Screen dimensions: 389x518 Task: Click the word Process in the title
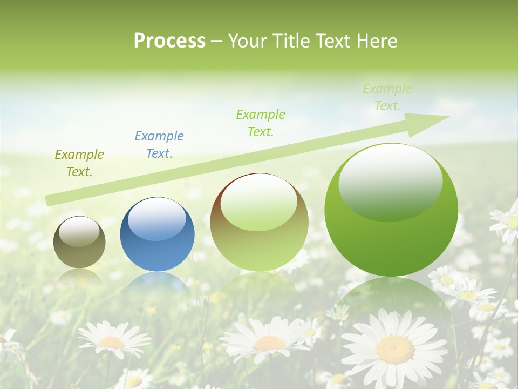pos(169,41)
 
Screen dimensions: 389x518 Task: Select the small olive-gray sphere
pos(79,242)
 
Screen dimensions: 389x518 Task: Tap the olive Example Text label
pos(79,163)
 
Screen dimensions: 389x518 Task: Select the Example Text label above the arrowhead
pos(387,97)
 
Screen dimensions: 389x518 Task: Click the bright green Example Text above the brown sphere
pos(261,123)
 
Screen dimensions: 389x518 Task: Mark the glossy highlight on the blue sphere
pos(157,219)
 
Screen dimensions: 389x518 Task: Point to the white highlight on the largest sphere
pos(391,182)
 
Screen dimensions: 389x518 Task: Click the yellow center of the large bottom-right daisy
pos(395,349)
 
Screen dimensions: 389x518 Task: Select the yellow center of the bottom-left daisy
pos(112,342)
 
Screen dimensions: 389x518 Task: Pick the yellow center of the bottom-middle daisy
pos(269,343)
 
